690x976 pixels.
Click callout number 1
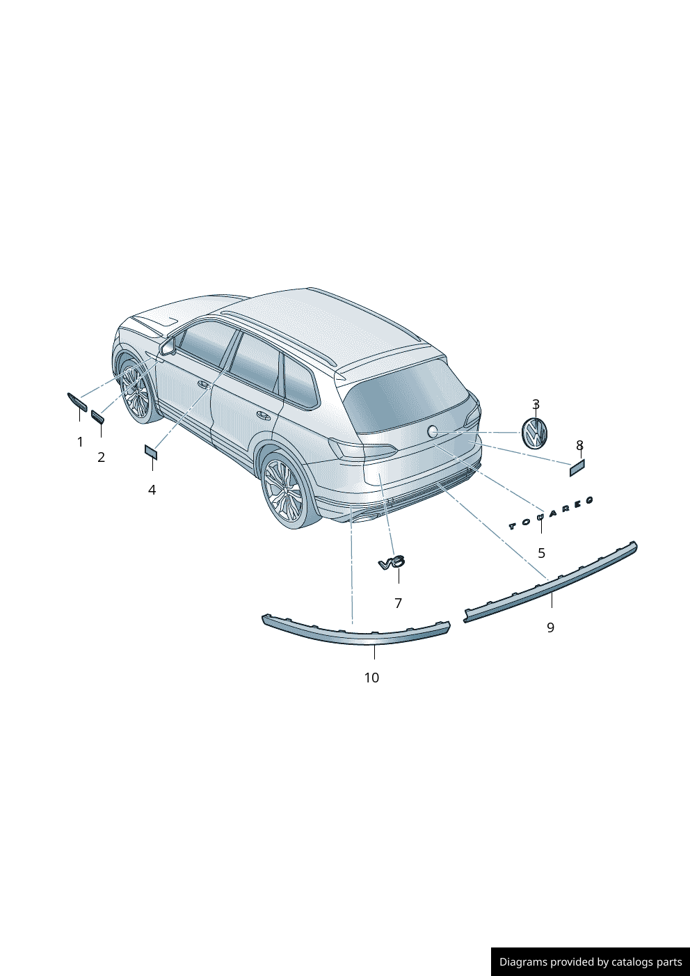pyautogui.click(x=80, y=442)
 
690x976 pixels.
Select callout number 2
pyautogui.click(x=101, y=457)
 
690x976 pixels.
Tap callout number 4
pyautogui.click(x=152, y=490)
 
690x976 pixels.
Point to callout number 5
pyautogui.click(x=541, y=553)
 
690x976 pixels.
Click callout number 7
pyautogui.click(x=398, y=603)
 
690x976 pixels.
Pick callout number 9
pyautogui.click(x=551, y=627)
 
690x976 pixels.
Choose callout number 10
pyautogui.click(x=371, y=678)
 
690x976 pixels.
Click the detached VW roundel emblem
pyautogui.click(x=534, y=433)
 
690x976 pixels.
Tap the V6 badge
pyautogui.click(x=392, y=563)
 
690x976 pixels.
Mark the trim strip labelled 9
pyautogui.click(x=551, y=582)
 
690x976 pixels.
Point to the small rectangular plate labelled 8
pyautogui.click(x=577, y=467)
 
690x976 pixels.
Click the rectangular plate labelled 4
pyautogui.click(x=151, y=452)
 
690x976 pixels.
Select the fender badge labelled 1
pyautogui.click(x=77, y=401)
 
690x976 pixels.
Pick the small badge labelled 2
pyautogui.click(x=97, y=417)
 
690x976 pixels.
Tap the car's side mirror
pyautogui.click(x=167, y=346)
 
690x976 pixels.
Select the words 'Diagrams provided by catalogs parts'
pyautogui.click(x=591, y=961)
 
